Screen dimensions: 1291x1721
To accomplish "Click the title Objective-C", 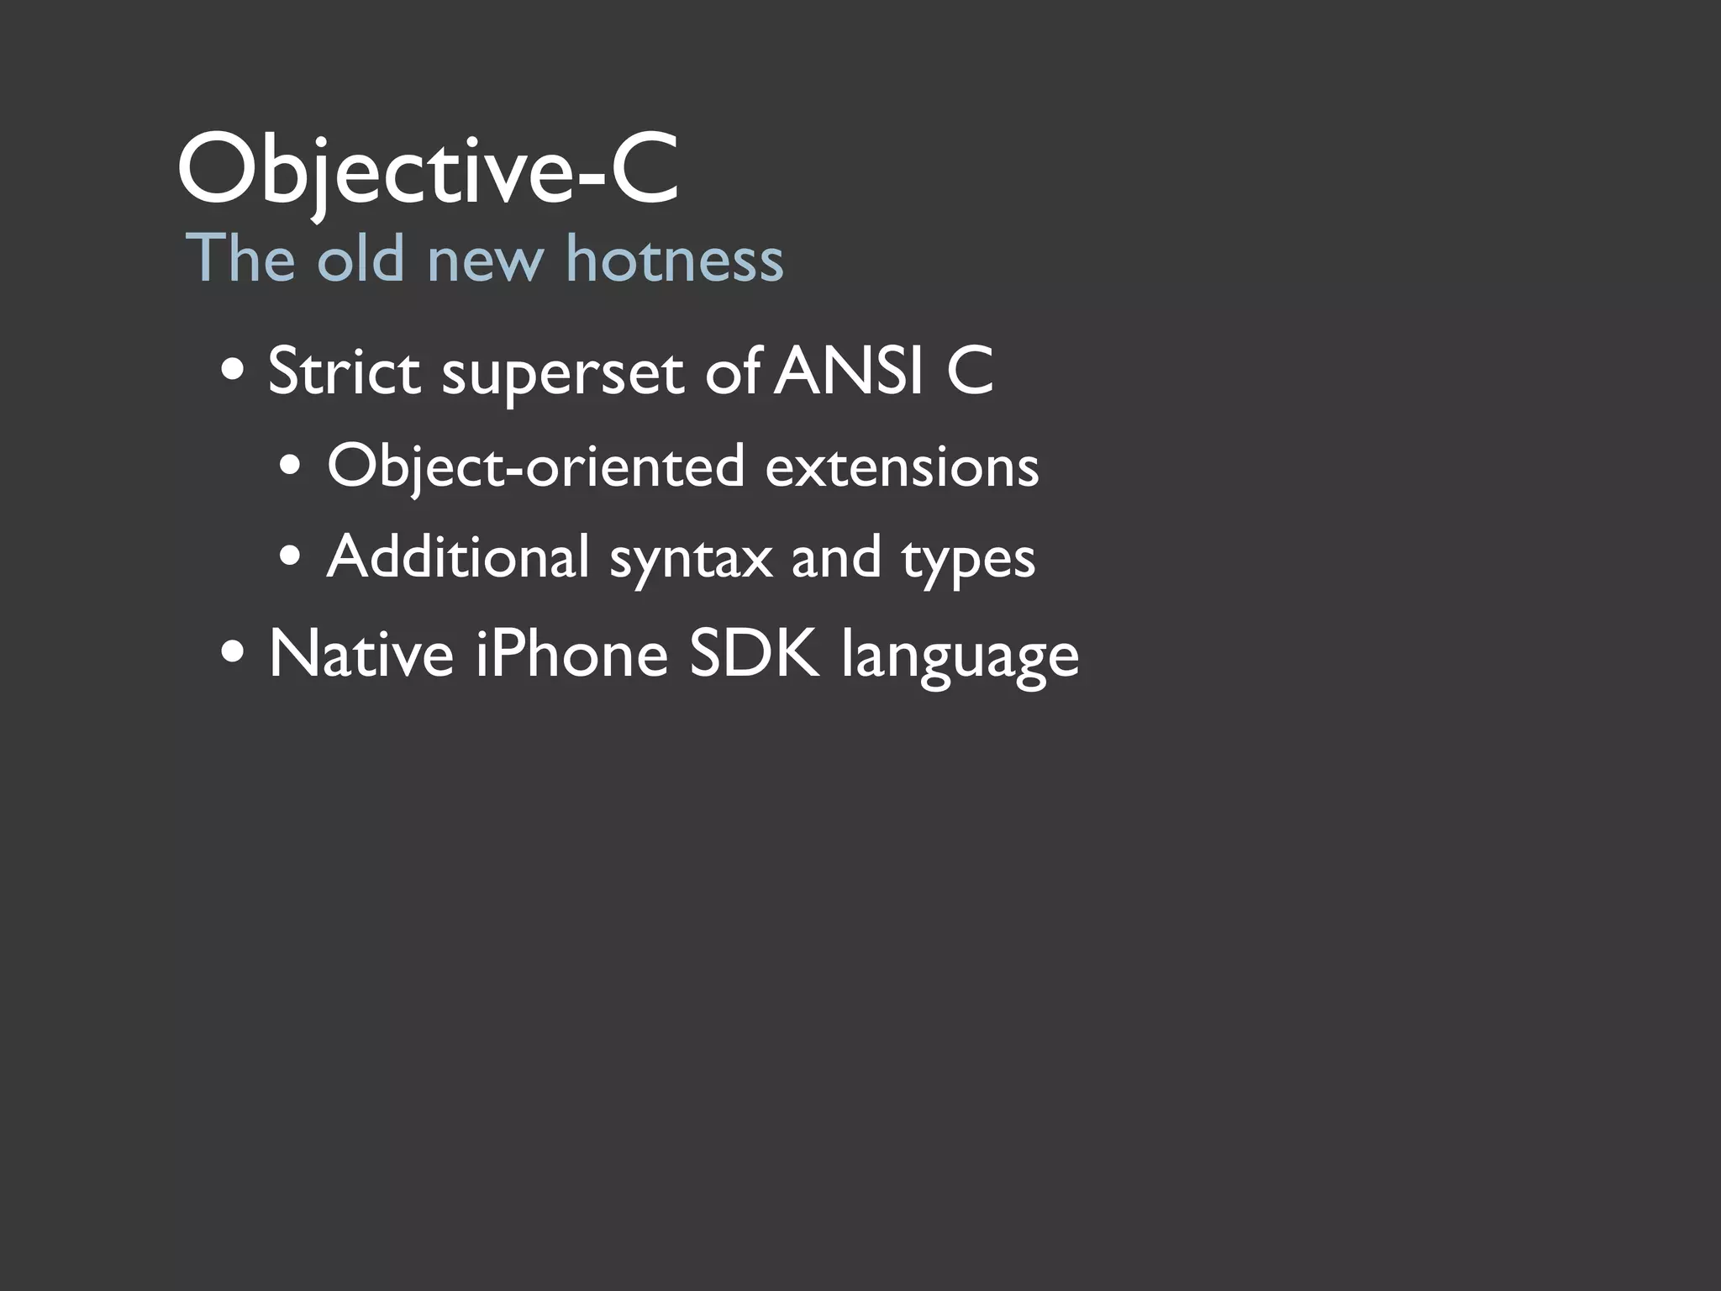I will (x=427, y=171).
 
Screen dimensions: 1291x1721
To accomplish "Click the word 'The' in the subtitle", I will (x=240, y=258).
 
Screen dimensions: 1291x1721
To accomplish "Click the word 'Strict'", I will (x=344, y=371).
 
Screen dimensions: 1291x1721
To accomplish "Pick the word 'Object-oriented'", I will (x=535, y=466).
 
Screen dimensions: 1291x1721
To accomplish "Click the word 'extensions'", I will (x=902, y=466).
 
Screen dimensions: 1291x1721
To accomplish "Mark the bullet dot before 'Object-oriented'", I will (x=292, y=466).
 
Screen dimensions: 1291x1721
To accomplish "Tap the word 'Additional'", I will (x=458, y=556).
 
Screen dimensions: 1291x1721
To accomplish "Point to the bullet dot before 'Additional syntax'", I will (x=292, y=556).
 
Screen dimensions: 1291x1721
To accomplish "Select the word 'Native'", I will (x=361, y=654).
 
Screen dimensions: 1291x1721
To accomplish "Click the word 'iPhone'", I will (x=571, y=654).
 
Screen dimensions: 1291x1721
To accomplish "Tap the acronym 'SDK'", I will (x=754, y=654).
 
